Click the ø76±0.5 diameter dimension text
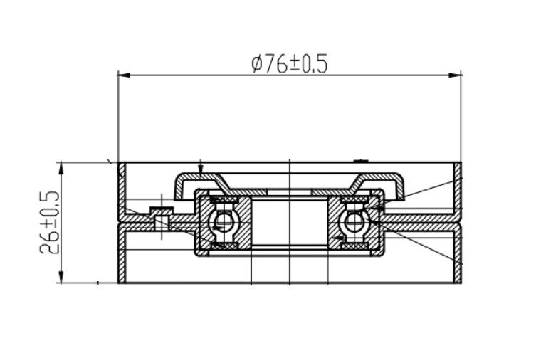point(290,64)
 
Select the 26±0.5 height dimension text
point(50,222)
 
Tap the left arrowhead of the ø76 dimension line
point(124,75)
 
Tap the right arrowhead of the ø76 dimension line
point(456,75)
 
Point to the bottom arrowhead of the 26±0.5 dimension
point(61,277)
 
